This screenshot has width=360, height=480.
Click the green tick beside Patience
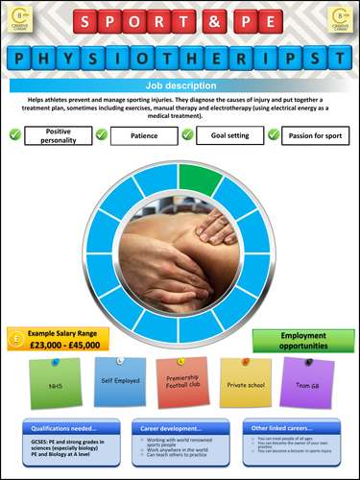pos(101,135)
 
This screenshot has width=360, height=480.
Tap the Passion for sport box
pos(318,135)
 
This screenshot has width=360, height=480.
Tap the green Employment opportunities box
pos(298,339)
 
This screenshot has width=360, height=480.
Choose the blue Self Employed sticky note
pos(121,382)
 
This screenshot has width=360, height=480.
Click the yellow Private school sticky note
pos(241,382)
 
